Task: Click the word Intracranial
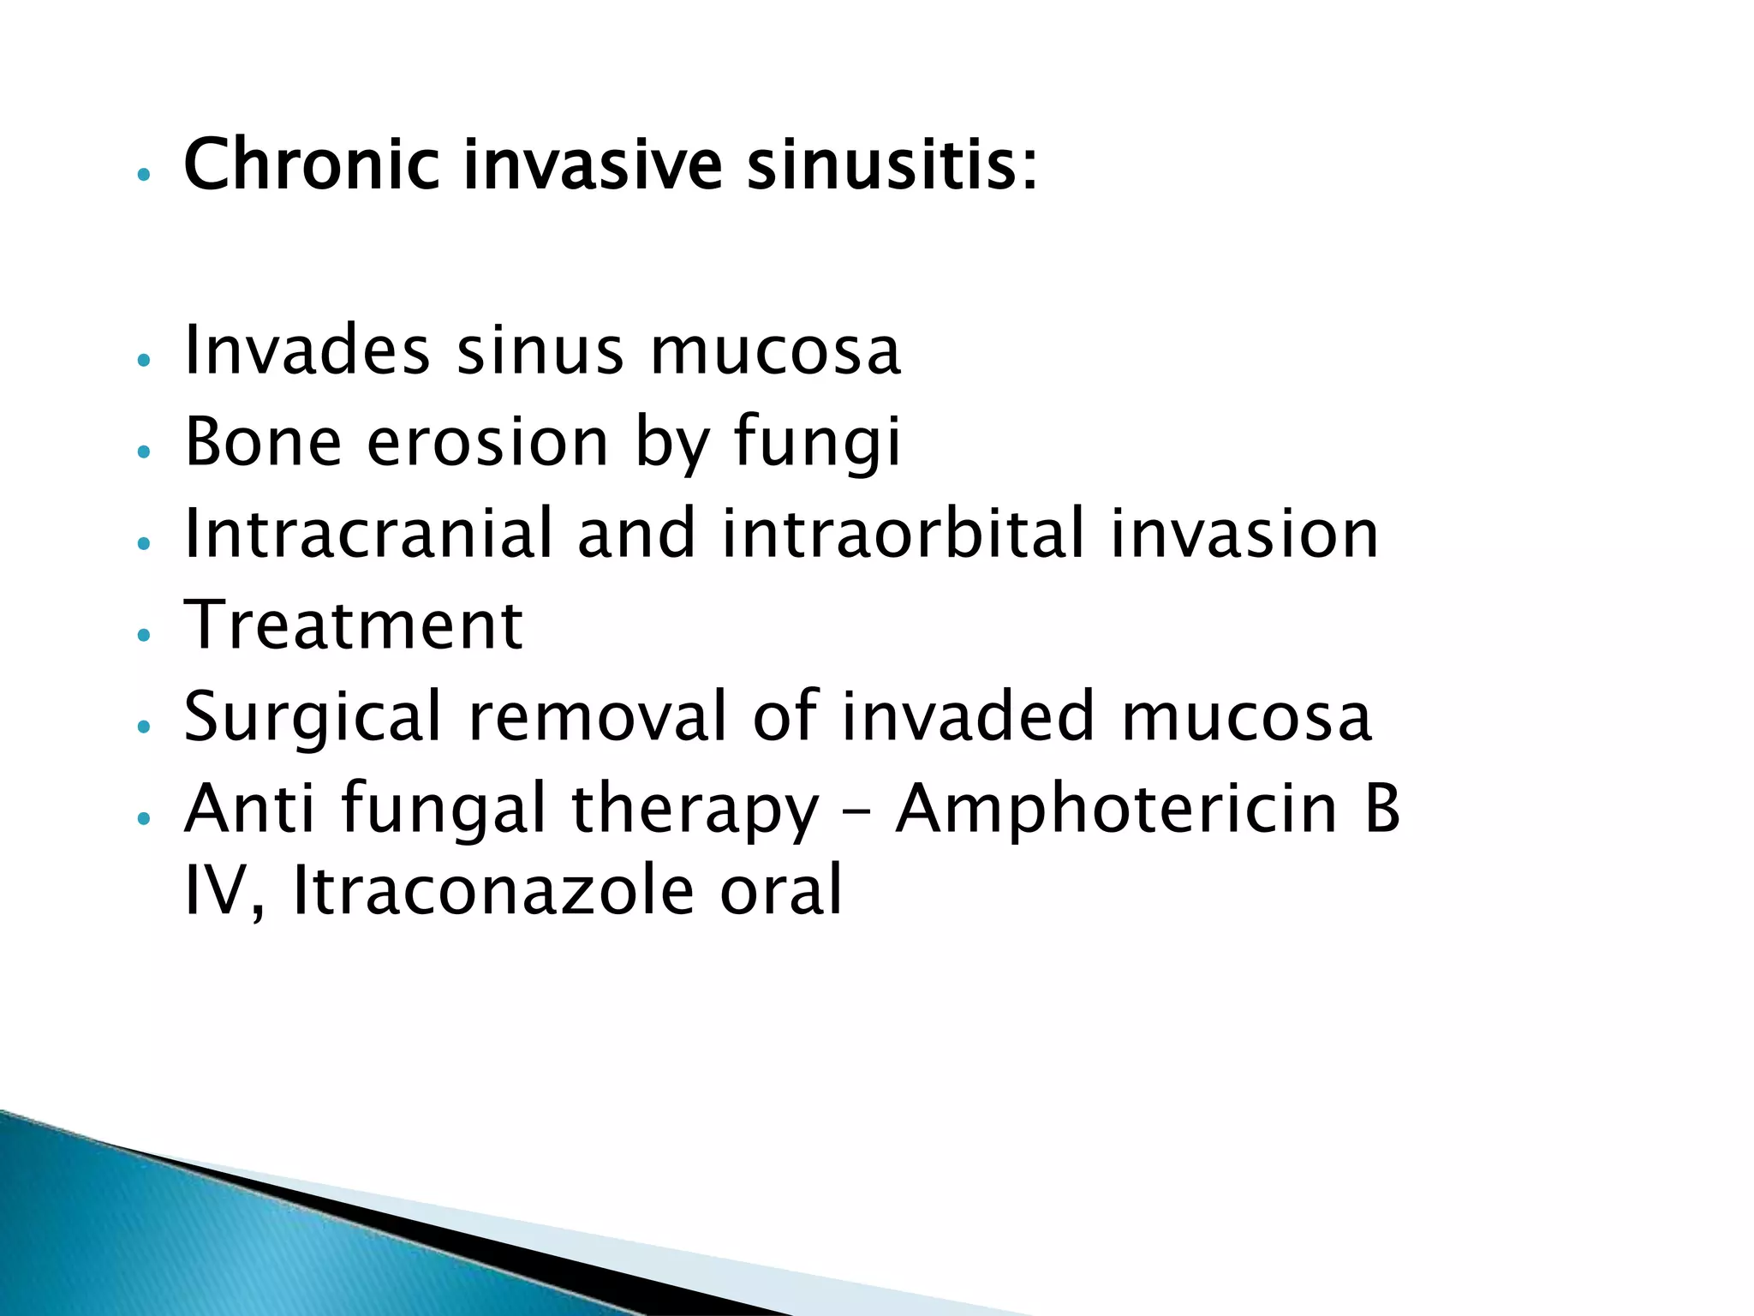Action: (368, 533)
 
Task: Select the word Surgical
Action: (313, 718)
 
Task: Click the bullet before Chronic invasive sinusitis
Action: (144, 174)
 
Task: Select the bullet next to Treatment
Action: (144, 635)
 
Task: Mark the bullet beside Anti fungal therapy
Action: (144, 819)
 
